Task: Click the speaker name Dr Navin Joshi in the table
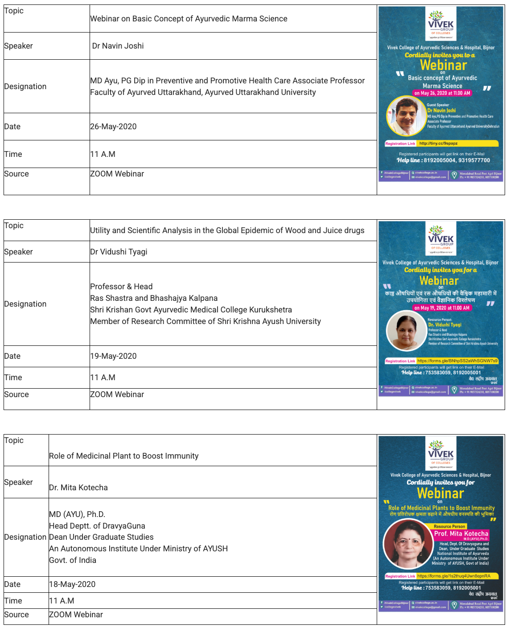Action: (x=118, y=46)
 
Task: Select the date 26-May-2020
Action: (x=113, y=127)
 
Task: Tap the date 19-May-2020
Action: (x=113, y=356)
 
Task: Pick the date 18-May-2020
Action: (x=72, y=584)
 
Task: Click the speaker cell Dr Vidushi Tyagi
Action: (x=119, y=252)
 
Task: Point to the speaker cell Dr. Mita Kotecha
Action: (x=78, y=488)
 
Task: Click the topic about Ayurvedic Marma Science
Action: (x=189, y=19)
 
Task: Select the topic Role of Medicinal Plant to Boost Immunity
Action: (x=123, y=456)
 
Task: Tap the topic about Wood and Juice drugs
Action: (x=227, y=230)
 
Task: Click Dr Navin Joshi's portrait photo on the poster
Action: (x=406, y=116)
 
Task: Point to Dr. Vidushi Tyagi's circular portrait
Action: (x=407, y=330)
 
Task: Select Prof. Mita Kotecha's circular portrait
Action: (x=408, y=544)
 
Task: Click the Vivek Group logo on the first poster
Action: (x=440, y=23)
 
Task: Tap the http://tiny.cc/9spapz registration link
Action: (x=438, y=144)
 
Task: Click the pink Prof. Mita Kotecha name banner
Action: (x=461, y=534)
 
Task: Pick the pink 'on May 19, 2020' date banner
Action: (x=441, y=308)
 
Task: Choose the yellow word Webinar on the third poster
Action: (x=440, y=493)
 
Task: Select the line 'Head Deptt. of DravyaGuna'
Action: (x=97, y=526)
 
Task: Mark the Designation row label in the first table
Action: (x=25, y=86)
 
